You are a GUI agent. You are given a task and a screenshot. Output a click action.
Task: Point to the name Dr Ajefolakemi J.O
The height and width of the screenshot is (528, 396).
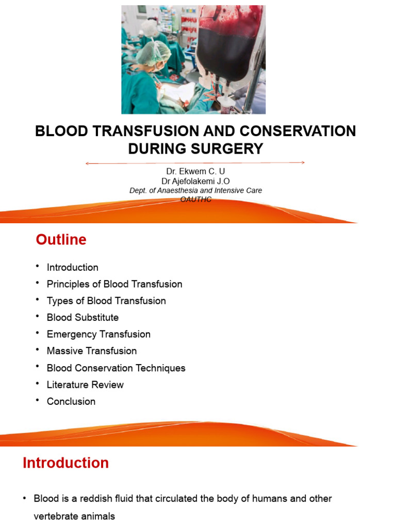click(195, 181)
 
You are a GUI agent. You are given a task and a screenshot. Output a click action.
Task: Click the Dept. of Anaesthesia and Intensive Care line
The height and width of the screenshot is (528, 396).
click(195, 190)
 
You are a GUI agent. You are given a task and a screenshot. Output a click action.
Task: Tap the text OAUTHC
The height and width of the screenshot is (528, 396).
click(196, 199)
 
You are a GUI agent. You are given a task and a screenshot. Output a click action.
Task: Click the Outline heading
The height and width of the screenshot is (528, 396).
click(61, 240)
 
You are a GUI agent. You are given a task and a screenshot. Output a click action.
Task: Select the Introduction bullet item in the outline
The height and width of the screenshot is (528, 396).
click(72, 268)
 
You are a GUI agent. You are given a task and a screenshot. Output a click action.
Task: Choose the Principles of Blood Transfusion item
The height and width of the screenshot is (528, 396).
click(114, 284)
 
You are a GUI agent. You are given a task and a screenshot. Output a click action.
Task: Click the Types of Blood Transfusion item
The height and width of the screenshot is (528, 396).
click(106, 301)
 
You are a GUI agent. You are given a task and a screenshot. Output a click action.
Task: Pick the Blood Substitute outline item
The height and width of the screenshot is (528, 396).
click(82, 318)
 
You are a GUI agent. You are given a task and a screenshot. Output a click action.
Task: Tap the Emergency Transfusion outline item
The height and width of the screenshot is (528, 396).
click(98, 334)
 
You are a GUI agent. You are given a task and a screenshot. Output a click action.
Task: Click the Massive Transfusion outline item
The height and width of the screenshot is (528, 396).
click(92, 351)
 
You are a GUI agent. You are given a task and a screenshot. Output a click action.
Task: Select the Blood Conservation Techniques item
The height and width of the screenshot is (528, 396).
click(116, 368)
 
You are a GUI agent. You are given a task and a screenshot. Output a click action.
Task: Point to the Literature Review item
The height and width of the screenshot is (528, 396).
click(85, 385)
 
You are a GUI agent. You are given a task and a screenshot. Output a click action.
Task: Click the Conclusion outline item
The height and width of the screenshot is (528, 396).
click(71, 402)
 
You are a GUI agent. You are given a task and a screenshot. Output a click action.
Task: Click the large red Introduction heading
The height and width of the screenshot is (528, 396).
click(65, 463)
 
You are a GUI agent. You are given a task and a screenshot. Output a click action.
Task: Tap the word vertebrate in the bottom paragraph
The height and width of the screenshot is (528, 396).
click(56, 516)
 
